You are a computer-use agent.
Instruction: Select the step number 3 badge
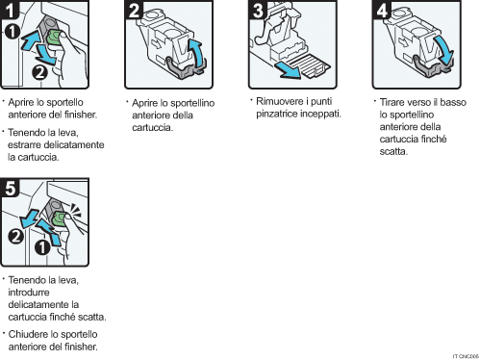257,12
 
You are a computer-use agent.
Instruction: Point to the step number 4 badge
382,12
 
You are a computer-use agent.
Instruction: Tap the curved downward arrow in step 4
442,46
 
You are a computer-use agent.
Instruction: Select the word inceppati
321,113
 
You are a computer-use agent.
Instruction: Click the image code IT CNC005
465,354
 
